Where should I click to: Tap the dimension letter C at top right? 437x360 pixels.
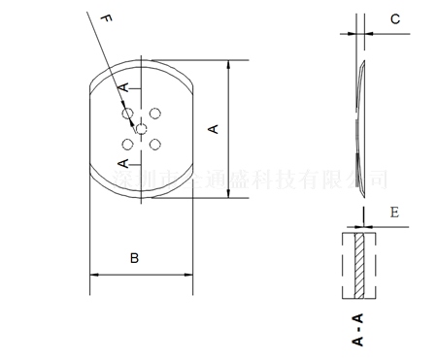click(x=394, y=18)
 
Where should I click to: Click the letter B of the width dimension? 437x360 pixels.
click(x=135, y=258)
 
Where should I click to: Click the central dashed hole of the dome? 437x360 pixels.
click(x=142, y=128)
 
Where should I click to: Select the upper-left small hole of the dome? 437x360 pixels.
click(x=127, y=114)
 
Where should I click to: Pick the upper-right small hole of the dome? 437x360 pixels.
click(x=155, y=114)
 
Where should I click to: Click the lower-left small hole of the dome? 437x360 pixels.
click(x=127, y=143)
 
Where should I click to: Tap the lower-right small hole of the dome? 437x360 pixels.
click(x=155, y=143)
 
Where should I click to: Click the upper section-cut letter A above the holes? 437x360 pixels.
click(x=123, y=89)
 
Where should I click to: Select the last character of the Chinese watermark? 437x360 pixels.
click(x=379, y=180)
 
